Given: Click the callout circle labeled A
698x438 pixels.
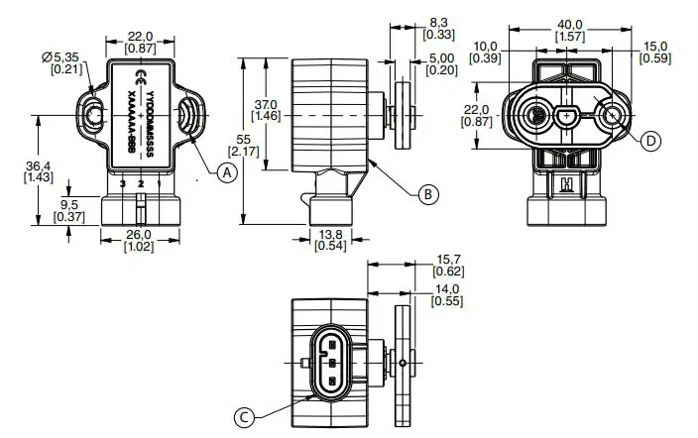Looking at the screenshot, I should (x=227, y=171).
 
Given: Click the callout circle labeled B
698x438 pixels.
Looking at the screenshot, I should (x=427, y=194).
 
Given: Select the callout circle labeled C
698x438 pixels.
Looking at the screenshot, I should (x=245, y=416).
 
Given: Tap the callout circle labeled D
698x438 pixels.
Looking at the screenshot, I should (x=649, y=143).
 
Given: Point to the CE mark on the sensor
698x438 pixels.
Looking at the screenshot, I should (x=144, y=77).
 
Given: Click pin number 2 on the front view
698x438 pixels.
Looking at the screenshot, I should (x=140, y=185).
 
